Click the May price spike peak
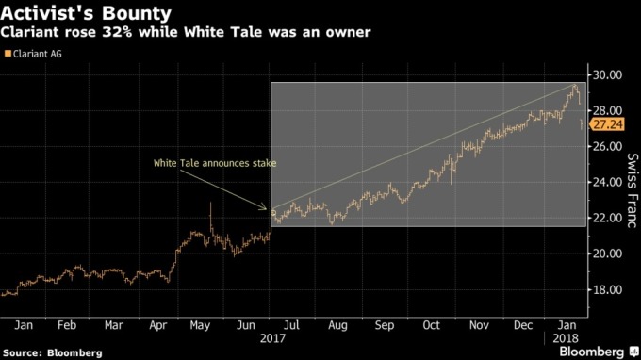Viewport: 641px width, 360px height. pyautogui.click(x=209, y=204)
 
